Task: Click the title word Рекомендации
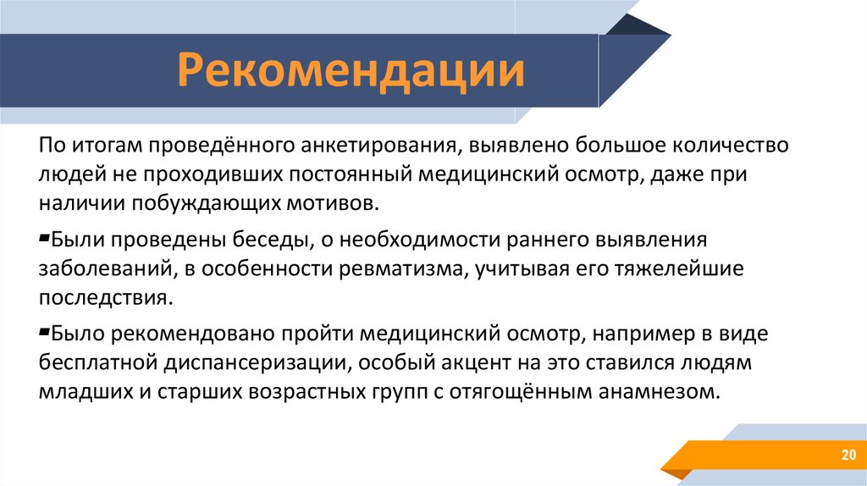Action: (350, 72)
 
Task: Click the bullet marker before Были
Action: (45, 238)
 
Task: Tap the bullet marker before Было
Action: (45, 330)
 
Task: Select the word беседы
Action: (278, 241)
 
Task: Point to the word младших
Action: (80, 392)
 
